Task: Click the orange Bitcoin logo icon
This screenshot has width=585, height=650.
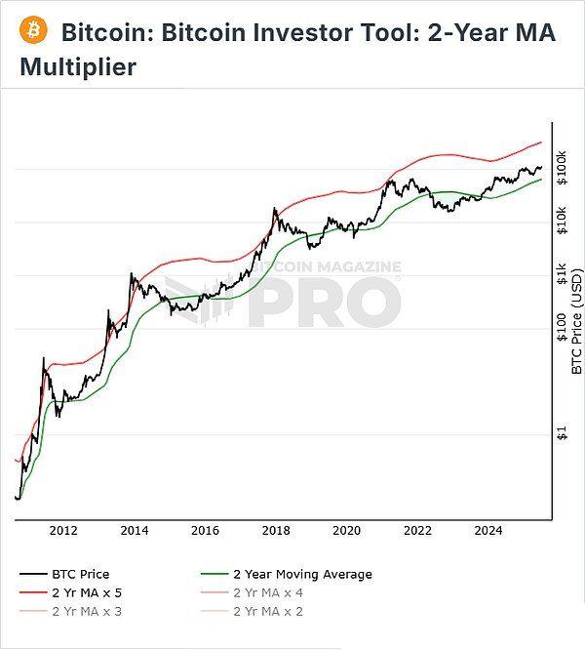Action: tap(34, 30)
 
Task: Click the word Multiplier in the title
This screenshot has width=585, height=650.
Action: tap(78, 68)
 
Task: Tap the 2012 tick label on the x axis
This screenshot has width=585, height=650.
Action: tap(64, 530)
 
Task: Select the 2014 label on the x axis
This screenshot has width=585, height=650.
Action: tap(135, 530)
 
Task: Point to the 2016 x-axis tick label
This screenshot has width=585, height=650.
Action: tap(206, 530)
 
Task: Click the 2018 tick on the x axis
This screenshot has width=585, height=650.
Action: tap(276, 530)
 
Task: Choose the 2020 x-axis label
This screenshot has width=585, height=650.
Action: tap(347, 530)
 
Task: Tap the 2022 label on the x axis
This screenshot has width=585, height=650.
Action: tap(418, 530)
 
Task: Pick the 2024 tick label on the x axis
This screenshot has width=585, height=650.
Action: tap(488, 530)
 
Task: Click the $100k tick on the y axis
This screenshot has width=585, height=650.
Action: tap(562, 169)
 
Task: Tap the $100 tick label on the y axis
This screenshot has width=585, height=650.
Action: tap(562, 328)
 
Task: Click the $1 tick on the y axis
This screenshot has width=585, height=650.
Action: tap(562, 434)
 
